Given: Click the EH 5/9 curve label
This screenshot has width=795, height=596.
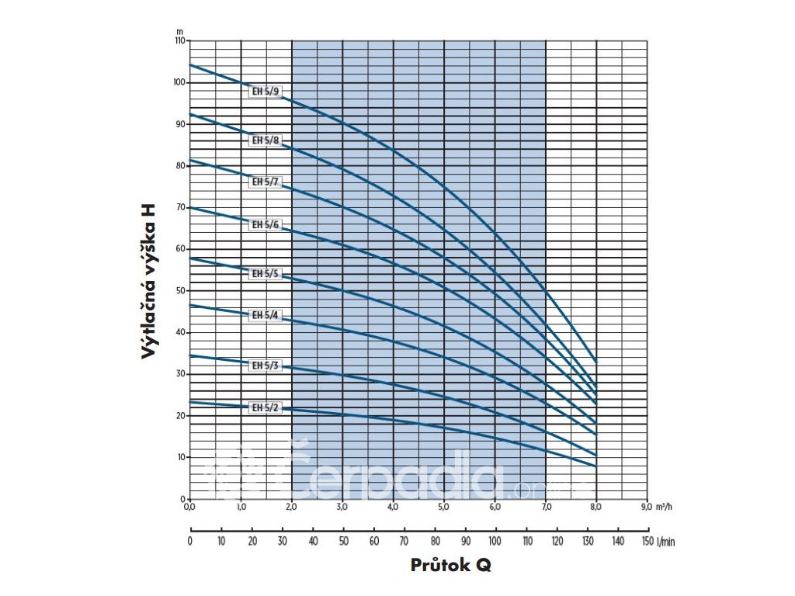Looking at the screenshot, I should [x=264, y=92].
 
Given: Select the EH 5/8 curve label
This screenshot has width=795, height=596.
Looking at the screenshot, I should [x=264, y=140].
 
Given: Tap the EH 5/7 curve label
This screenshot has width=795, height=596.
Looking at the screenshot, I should [x=264, y=182].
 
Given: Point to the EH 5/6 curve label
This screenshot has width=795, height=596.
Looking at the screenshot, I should [x=264, y=224].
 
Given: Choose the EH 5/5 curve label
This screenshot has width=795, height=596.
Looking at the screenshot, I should [x=264, y=273].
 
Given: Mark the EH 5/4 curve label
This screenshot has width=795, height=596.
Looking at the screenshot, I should [x=264, y=316].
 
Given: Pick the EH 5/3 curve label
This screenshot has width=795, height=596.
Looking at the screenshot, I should [x=264, y=365].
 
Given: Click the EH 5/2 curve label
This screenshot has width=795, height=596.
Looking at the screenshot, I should [x=264, y=407].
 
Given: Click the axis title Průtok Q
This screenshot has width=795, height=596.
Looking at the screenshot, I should [x=450, y=566].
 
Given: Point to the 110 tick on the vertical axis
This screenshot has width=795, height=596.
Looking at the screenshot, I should [x=179, y=40].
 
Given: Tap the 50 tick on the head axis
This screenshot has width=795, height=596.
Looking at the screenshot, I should [x=181, y=290].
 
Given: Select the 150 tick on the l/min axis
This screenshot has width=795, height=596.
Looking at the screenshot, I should [x=647, y=541].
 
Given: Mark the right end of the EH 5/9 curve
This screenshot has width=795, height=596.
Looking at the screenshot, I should [x=596, y=362].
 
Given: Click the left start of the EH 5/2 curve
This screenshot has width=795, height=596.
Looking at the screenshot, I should [x=190, y=401].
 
